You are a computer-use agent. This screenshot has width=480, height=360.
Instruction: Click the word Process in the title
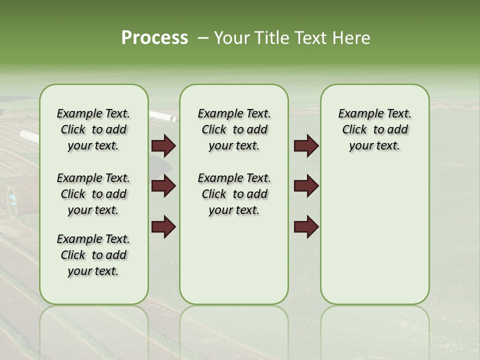coord(154,38)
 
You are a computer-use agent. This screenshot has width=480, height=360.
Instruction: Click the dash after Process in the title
coord(202,38)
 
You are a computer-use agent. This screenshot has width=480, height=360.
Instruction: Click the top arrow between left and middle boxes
coord(163,146)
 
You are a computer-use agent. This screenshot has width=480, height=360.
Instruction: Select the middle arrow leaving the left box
coord(163,186)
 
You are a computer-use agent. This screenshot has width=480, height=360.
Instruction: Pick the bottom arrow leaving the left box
coord(163,227)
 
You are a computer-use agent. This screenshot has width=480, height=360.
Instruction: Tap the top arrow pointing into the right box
coord(306,146)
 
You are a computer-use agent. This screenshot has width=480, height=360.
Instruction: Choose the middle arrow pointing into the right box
coord(306,186)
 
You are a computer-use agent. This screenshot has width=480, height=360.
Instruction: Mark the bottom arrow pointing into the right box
coord(306,227)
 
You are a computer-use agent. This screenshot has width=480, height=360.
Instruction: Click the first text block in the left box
coord(93,129)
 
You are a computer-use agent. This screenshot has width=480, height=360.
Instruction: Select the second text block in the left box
coord(93,194)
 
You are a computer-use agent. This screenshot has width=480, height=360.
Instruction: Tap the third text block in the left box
coord(93,255)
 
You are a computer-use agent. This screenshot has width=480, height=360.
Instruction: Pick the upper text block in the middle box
coord(234,129)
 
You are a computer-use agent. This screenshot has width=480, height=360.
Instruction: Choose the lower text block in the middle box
coord(234,194)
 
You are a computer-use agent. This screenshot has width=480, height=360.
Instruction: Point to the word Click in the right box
coord(354,130)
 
